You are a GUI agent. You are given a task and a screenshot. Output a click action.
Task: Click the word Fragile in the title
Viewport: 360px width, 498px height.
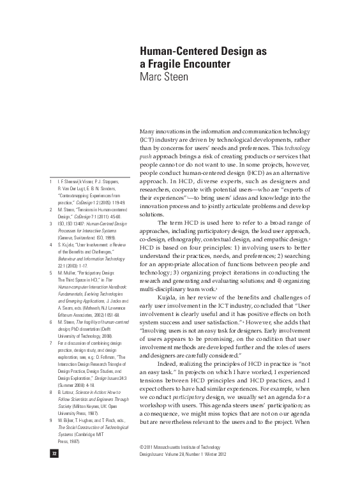point(169,64)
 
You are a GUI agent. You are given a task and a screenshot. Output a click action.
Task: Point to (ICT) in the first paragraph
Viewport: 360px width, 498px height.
point(147,139)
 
